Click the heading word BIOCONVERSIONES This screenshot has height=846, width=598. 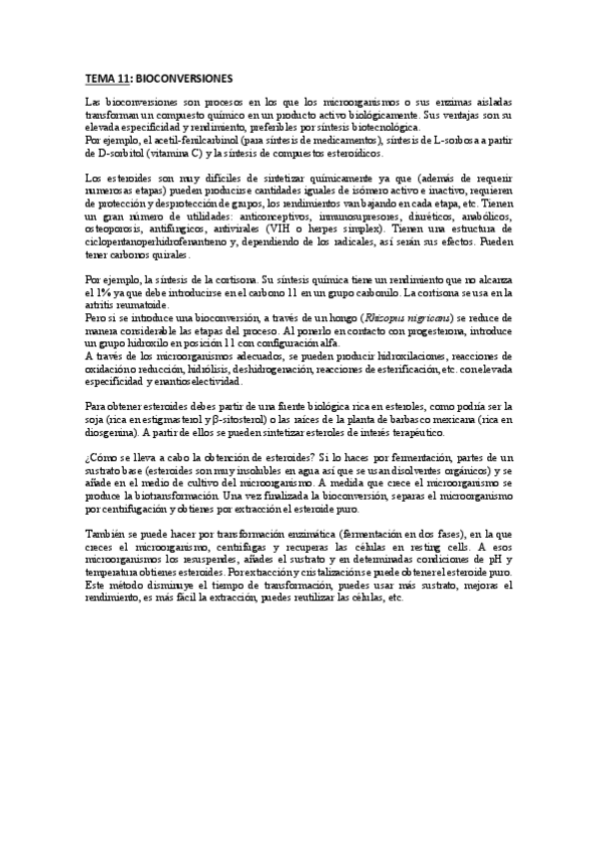(182, 77)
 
